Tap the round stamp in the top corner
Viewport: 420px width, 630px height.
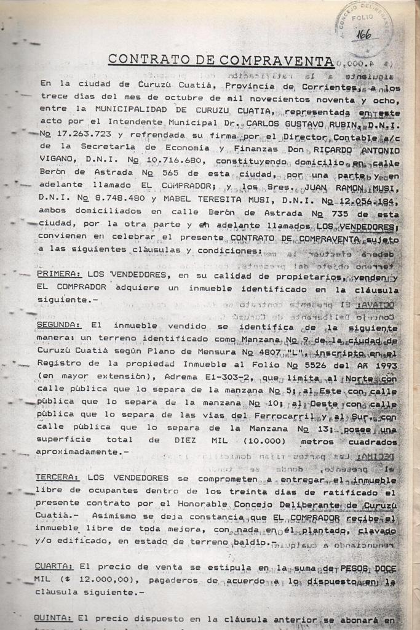[364, 28]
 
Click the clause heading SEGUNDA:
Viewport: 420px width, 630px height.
[58, 325]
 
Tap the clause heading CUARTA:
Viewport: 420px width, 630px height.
[54, 566]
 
